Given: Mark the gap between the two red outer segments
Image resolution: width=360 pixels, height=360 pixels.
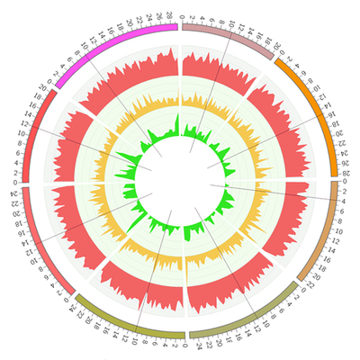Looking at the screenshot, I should [x=24, y=183].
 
